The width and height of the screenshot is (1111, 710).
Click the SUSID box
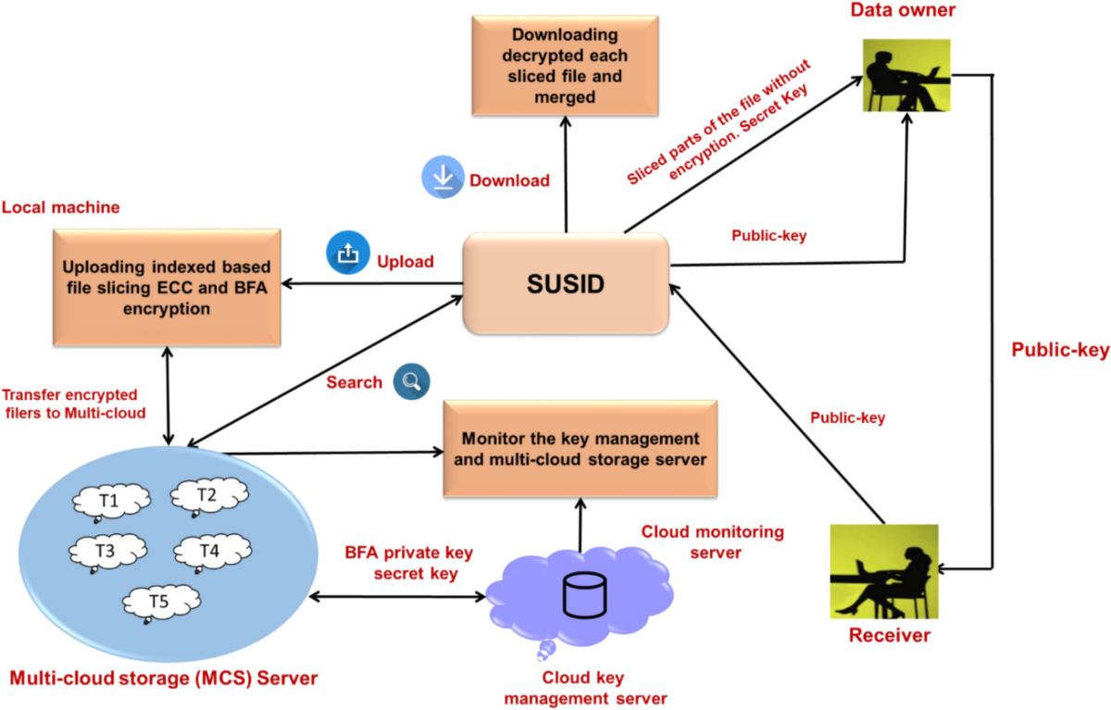coord(566,283)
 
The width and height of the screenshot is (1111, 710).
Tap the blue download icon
coord(443,178)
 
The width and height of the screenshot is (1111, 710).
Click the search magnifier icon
coord(409,380)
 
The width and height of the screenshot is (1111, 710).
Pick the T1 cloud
coord(109,502)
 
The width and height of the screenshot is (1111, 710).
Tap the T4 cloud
coord(209,552)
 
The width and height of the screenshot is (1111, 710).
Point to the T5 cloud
coord(161,603)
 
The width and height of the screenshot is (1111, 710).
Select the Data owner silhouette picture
coord(906,75)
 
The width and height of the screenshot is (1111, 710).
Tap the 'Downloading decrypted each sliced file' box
coord(566,67)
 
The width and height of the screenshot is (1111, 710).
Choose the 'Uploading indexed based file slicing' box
coord(167,287)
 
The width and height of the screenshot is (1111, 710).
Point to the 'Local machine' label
coord(61,206)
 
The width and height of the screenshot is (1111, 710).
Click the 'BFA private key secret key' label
coord(409,563)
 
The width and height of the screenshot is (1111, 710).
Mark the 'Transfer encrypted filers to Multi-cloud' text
coord(74,403)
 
